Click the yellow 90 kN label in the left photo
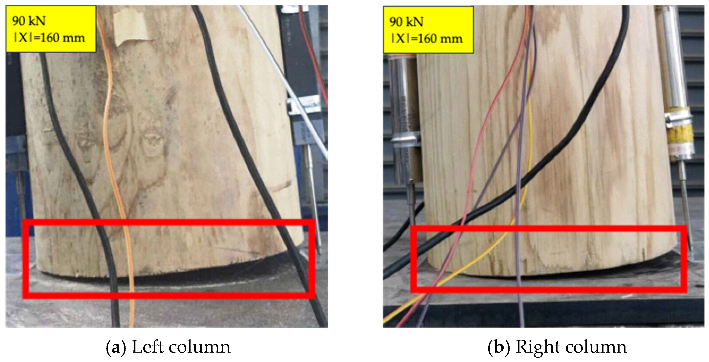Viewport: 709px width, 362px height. tap(51, 29)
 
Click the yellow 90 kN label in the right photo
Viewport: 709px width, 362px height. tap(428, 29)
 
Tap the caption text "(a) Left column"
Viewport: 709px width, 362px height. tap(168, 347)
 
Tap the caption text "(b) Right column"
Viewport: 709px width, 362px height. tap(557, 347)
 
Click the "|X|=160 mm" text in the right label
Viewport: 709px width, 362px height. tap(427, 39)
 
